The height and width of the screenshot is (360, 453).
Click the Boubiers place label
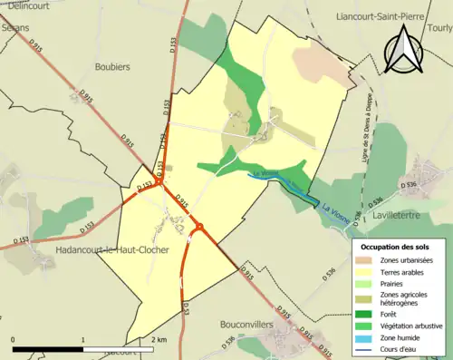coord(112,66)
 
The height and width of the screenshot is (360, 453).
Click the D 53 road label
coord(186,308)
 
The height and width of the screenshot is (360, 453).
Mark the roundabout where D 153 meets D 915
coord(159,181)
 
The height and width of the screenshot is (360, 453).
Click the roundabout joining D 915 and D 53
coord(199,228)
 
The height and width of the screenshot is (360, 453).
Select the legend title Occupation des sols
coord(398,246)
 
